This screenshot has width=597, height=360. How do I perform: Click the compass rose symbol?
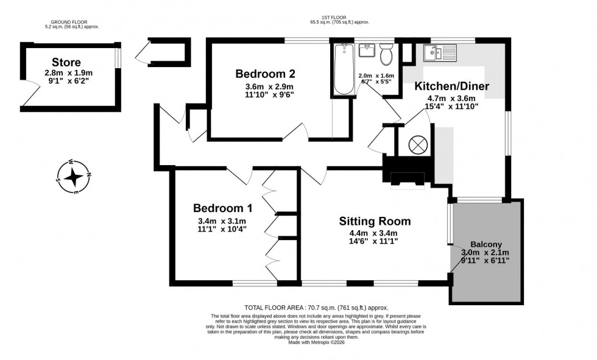point(74,177)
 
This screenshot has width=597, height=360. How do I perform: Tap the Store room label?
point(66,62)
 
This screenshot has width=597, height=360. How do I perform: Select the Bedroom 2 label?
point(266,74)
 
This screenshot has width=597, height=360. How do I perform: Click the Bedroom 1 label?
point(223,208)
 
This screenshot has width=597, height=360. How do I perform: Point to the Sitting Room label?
point(375,221)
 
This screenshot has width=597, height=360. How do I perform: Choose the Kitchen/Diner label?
point(452,86)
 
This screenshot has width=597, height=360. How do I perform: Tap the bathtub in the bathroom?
point(344,69)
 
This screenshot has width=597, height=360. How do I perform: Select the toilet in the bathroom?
point(386,54)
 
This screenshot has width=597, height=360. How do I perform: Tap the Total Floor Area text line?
point(316,308)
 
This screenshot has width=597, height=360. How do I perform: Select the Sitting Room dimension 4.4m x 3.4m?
point(373,233)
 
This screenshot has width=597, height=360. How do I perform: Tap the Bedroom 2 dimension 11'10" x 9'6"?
point(266,94)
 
